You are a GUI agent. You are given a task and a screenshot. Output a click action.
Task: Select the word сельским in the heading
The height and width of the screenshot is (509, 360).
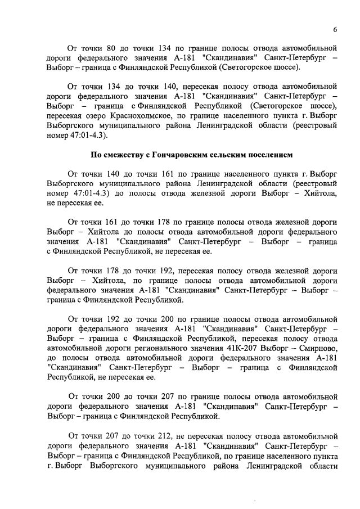click(231, 154)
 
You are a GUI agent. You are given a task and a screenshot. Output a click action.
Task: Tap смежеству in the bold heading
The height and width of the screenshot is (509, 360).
click(118, 154)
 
